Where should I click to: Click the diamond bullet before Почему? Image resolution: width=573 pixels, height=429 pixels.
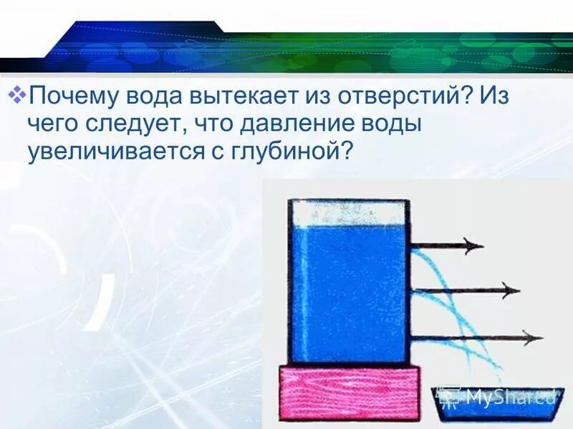pyautogui.click(x=20, y=94)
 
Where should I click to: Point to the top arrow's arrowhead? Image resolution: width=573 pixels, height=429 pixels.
pyautogui.click(x=474, y=247)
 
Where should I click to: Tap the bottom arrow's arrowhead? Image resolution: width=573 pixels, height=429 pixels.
pyautogui.click(x=532, y=337)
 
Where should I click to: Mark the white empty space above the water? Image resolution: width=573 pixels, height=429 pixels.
pyautogui.click(x=349, y=212)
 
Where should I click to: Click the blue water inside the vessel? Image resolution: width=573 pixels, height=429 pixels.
pyautogui.click(x=349, y=293)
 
